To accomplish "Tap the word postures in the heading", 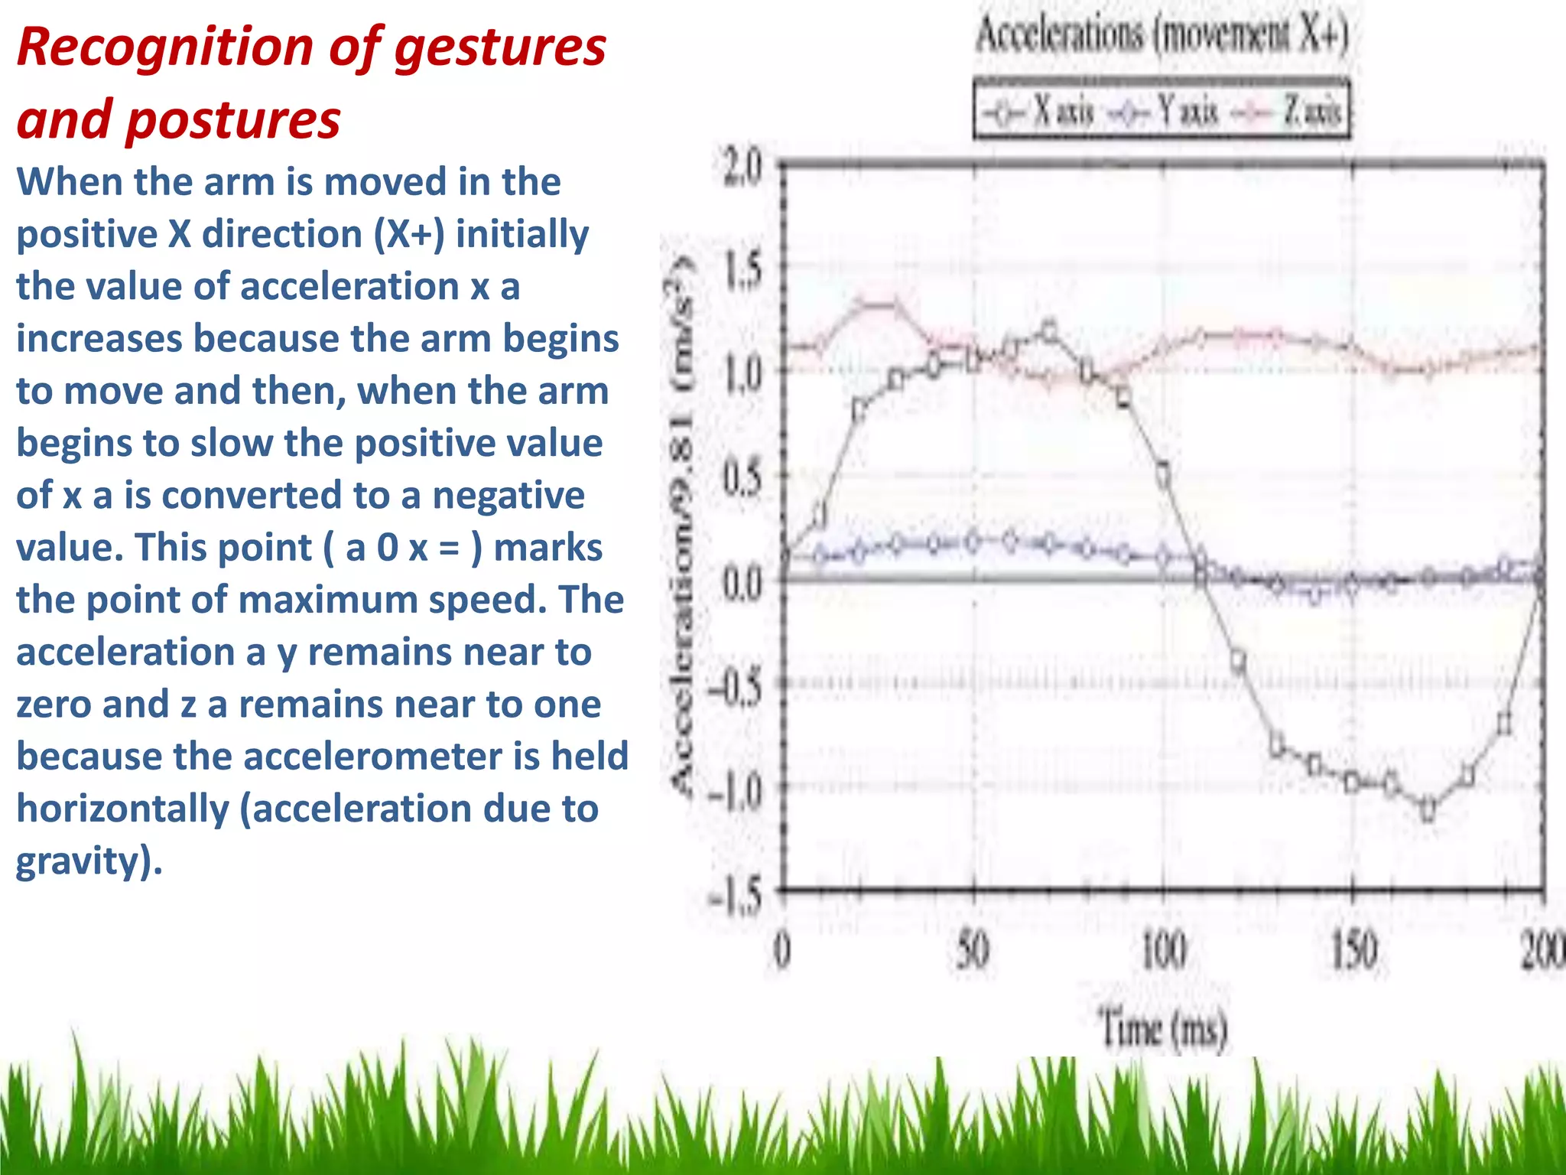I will (x=233, y=121).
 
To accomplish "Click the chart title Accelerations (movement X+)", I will (x=1162, y=35).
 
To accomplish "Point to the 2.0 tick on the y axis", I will (x=742, y=168).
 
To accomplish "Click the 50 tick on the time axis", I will (x=973, y=951).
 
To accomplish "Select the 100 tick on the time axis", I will (x=1163, y=951).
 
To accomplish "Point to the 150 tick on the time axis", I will (x=1353, y=951).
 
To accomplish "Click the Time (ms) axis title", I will (x=1163, y=1027).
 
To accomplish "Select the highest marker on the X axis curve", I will (x=1049, y=331).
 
